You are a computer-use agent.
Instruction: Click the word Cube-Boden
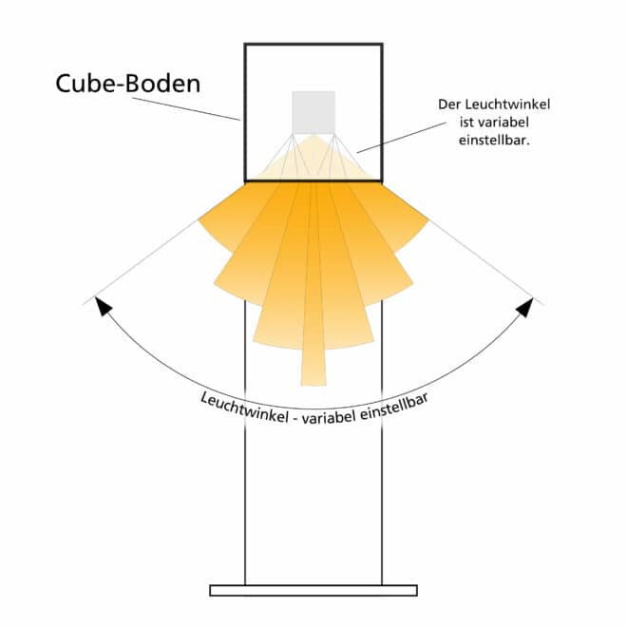(128, 84)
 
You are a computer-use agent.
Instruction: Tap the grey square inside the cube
(313, 112)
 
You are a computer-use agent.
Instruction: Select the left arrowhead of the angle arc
(104, 306)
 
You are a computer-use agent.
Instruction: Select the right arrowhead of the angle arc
(524, 308)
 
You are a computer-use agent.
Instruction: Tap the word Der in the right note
(447, 104)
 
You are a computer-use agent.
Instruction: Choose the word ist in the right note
(465, 123)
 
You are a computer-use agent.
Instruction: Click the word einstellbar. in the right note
(494, 141)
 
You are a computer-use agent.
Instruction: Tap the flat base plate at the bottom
(313, 590)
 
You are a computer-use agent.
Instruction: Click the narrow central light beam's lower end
(313, 385)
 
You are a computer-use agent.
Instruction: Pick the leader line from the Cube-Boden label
(186, 108)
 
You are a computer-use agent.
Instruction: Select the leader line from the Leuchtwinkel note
(402, 138)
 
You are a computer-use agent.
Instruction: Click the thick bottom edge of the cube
(313, 181)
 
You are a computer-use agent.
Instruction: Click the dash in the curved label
(295, 418)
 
